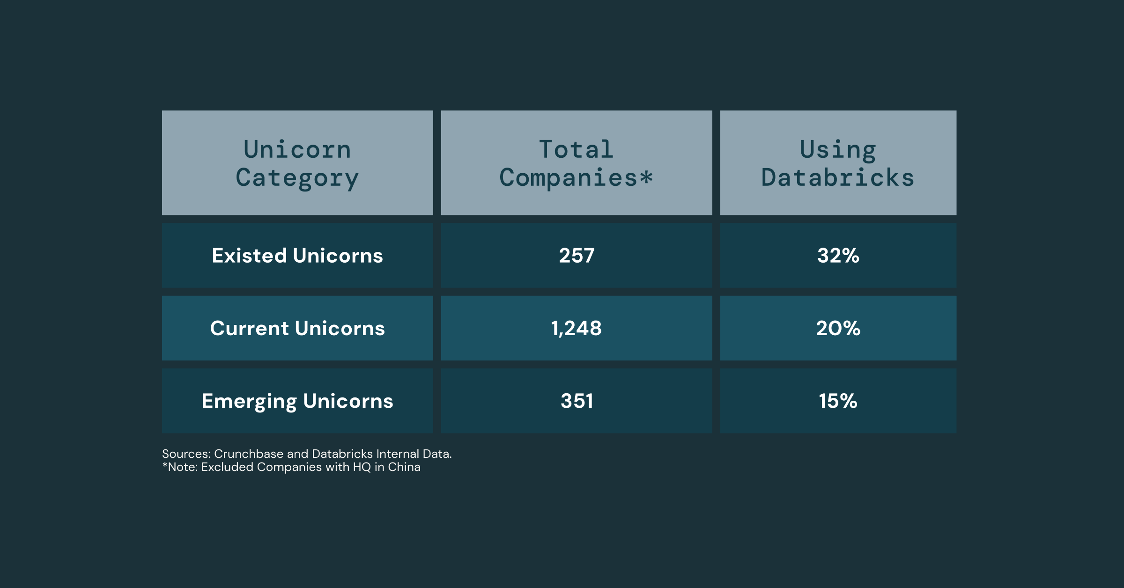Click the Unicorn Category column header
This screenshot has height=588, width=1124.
(x=297, y=163)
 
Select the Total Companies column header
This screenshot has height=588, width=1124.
(x=576, y=163)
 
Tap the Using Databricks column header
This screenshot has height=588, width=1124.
(x=838, y=163)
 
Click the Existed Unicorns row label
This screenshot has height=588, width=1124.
(x=297, y=256)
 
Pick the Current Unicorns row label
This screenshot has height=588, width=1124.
(x=297, y=328)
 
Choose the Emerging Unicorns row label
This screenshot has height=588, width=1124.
(x=297, y=401)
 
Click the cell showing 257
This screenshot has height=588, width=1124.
(x=577, y=256)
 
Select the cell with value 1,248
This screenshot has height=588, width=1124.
(x=576, y=328)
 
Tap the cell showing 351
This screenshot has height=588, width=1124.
(x=577, y=401)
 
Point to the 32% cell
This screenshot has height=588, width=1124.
(x=838, y=256)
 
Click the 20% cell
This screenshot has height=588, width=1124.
(x=838, y=328)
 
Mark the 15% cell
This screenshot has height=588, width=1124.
(x=838, y=401)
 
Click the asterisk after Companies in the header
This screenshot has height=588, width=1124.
(x=646, y=177)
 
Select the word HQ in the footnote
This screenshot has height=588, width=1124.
(x=362, y=467)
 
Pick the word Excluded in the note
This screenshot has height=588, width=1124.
(x=227, y=467)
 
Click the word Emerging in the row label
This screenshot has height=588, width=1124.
(x=249, y=401)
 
